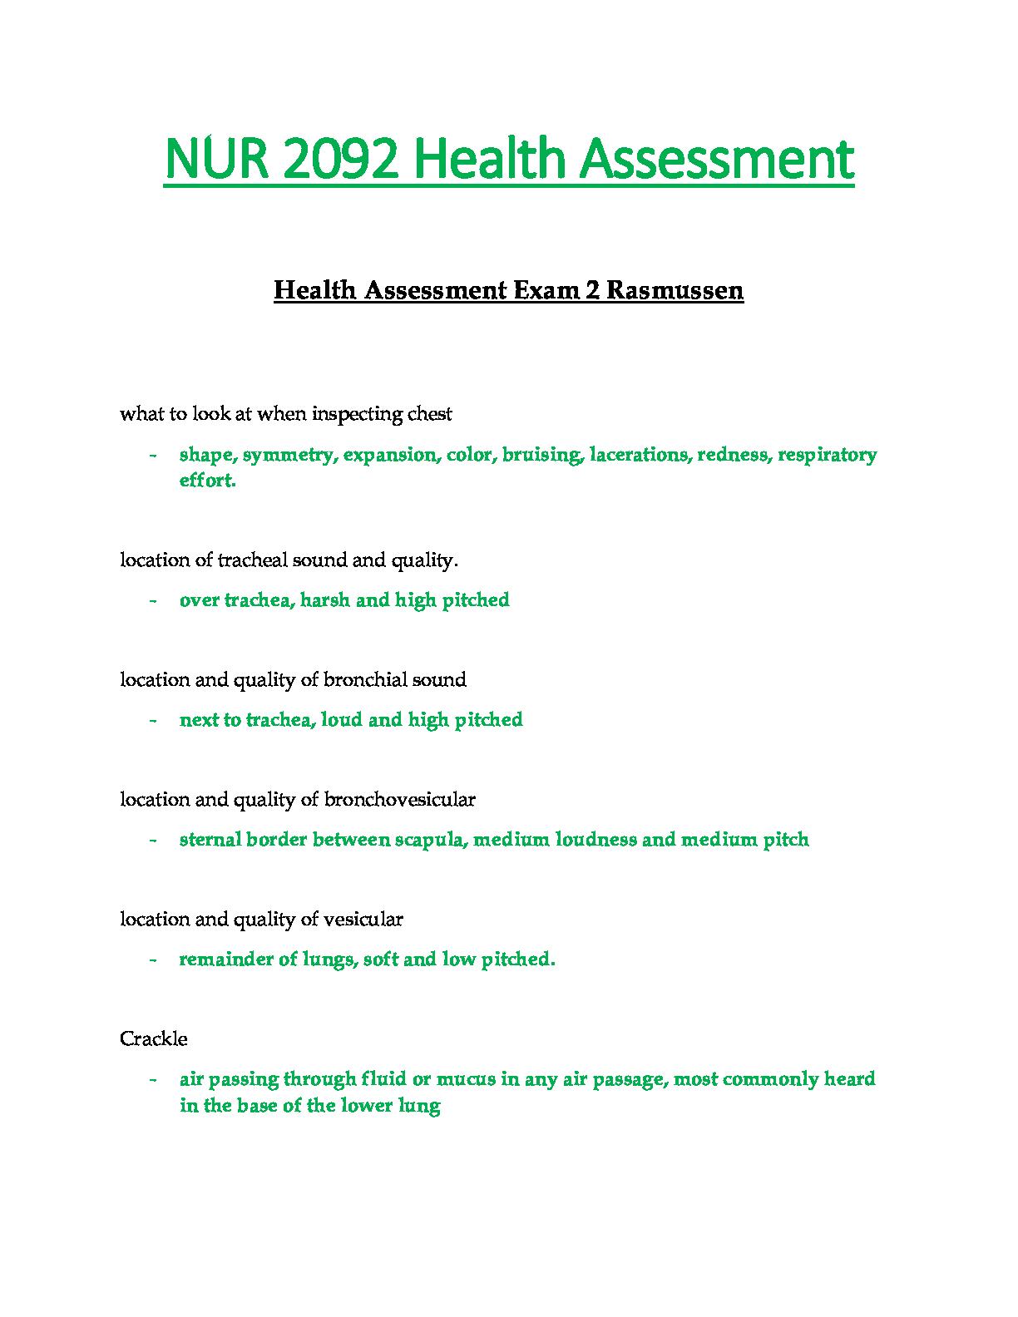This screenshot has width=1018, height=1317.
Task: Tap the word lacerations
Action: [639, 455]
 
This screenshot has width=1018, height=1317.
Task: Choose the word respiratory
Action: [827, 455]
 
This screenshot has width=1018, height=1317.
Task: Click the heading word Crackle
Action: [154, 1039]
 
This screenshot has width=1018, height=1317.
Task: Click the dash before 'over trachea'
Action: [153, 600]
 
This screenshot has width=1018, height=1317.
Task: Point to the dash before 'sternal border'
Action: [153, 840]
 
